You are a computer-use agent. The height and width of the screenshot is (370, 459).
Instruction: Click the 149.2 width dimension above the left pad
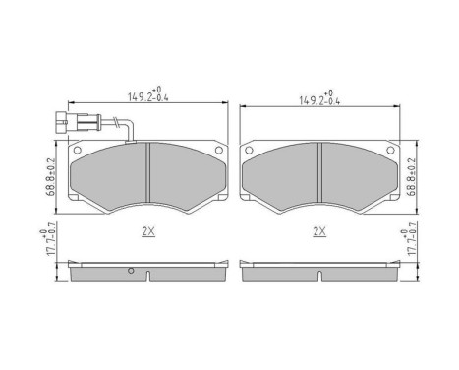point(147,96)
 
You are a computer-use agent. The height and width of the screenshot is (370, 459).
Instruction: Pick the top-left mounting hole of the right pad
point(250,150)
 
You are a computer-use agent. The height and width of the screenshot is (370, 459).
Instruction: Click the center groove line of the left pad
point(146,177)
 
